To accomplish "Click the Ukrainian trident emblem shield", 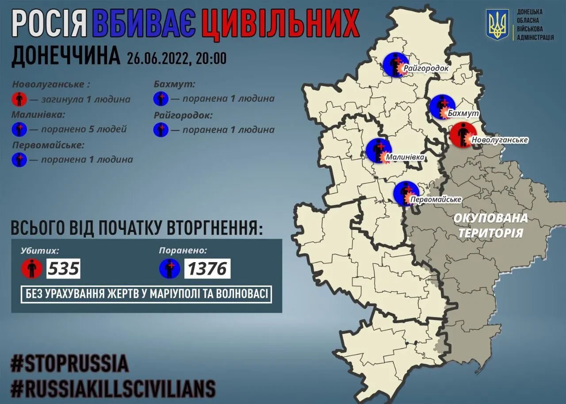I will coord(497,25).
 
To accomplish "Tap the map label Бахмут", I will coord(463,114).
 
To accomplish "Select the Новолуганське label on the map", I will coord(500,140).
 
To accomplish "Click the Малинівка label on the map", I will coord(405,157).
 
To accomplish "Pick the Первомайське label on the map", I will coord(436,199).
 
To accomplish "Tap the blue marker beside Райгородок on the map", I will coord(394,65).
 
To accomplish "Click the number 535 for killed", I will coord(63,269).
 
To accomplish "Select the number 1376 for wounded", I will coord(207,269).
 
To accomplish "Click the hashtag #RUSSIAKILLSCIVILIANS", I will coord(113,389).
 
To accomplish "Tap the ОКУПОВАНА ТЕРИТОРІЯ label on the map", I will coord(490,225).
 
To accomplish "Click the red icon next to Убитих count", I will coord(32,269).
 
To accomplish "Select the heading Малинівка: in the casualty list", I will coord(38,114).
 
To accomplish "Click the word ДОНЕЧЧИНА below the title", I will coord(65,56).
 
